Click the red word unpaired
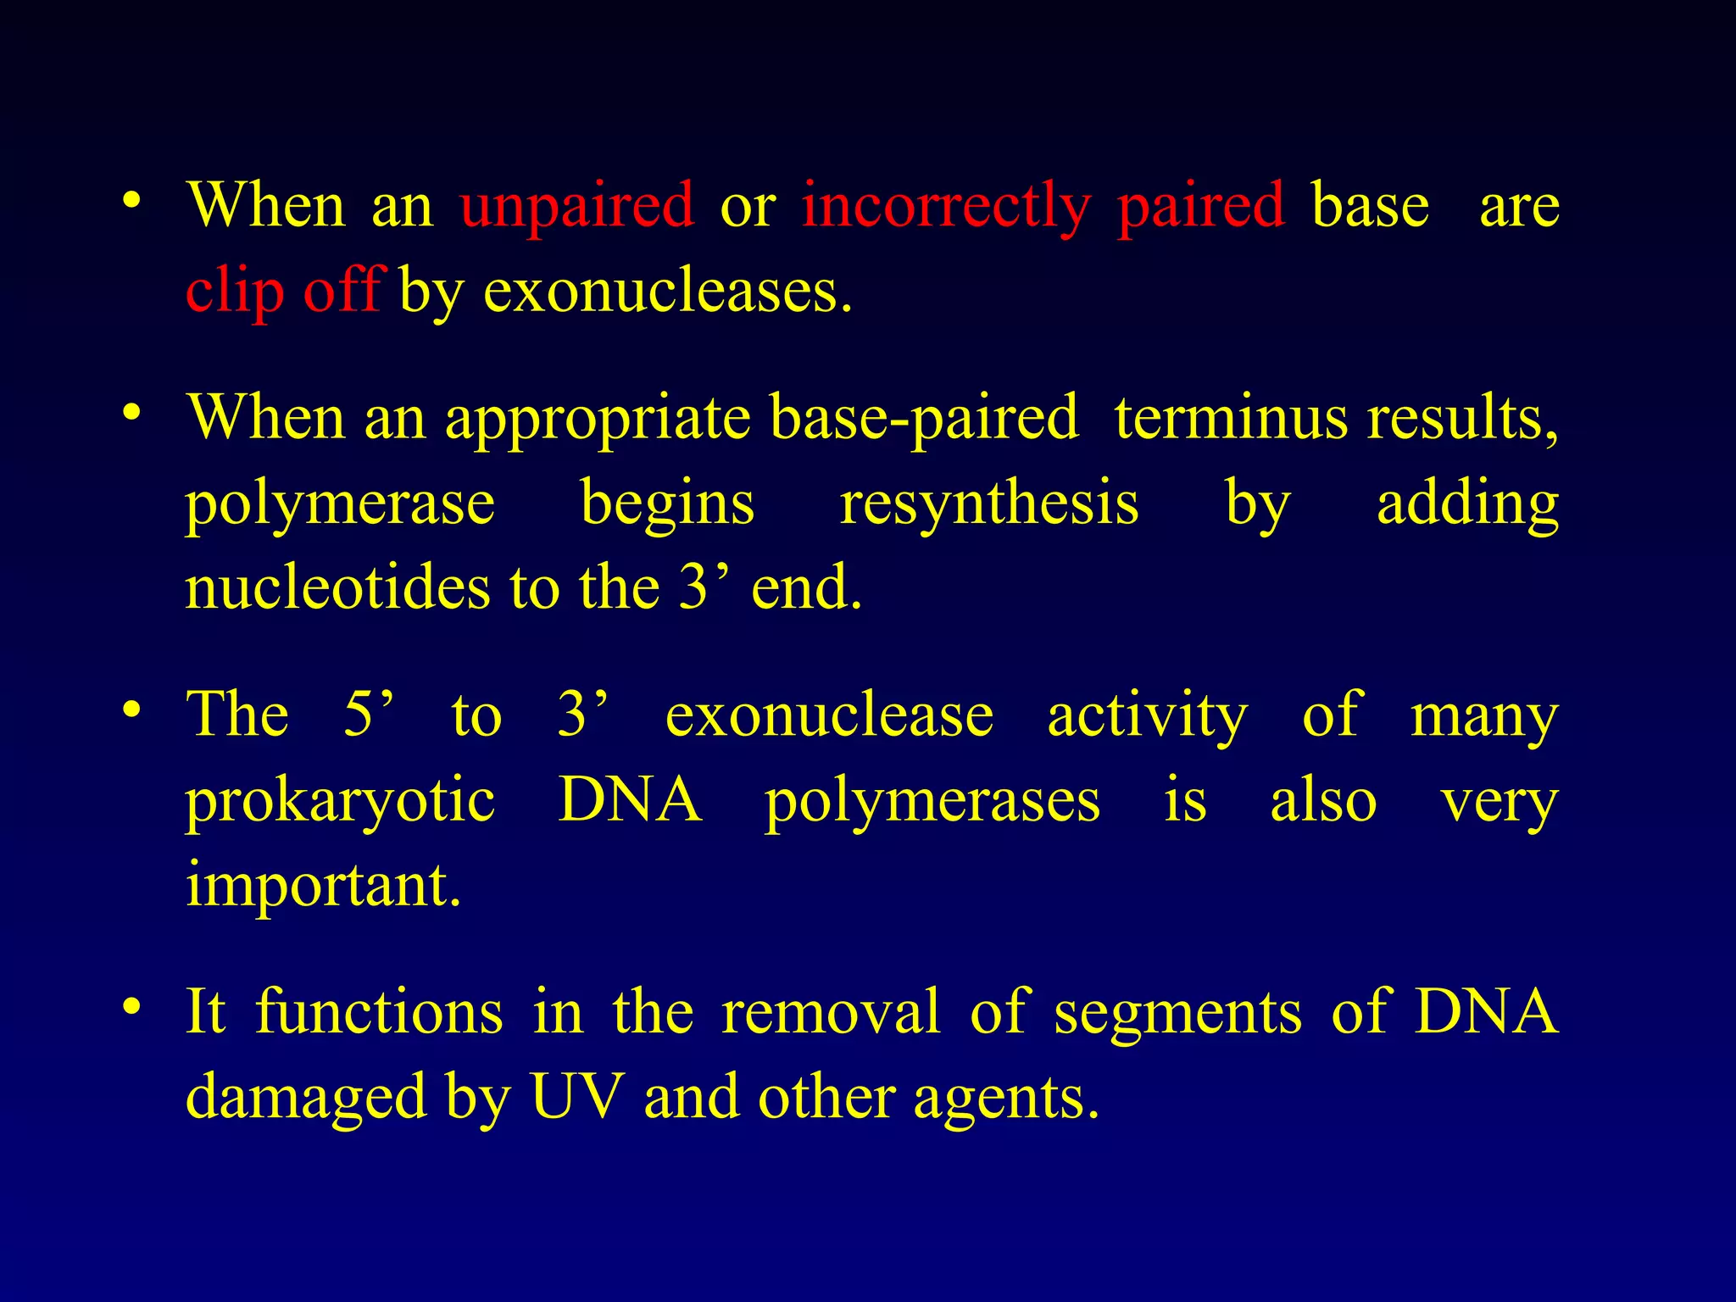pyautogui.click(x=576, y=206)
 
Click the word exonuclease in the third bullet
pyautogui.click(x=829, y=715)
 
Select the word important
pyautogui.click(x=323, y=886)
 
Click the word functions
pyautogui.click(x=379, y=1012)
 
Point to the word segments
pyautogui.click(x=1177, y=1014)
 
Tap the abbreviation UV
pyautogui.click(x=577, y=1098)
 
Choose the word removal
pyautogui.click(x=831, y=1012)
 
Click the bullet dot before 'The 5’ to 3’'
pyautogui.click(x=131, y=709)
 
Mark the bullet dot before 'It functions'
pyautogui.click(x=131, y=1007)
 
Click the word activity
pyautogui.click(x=1147, y=717)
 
